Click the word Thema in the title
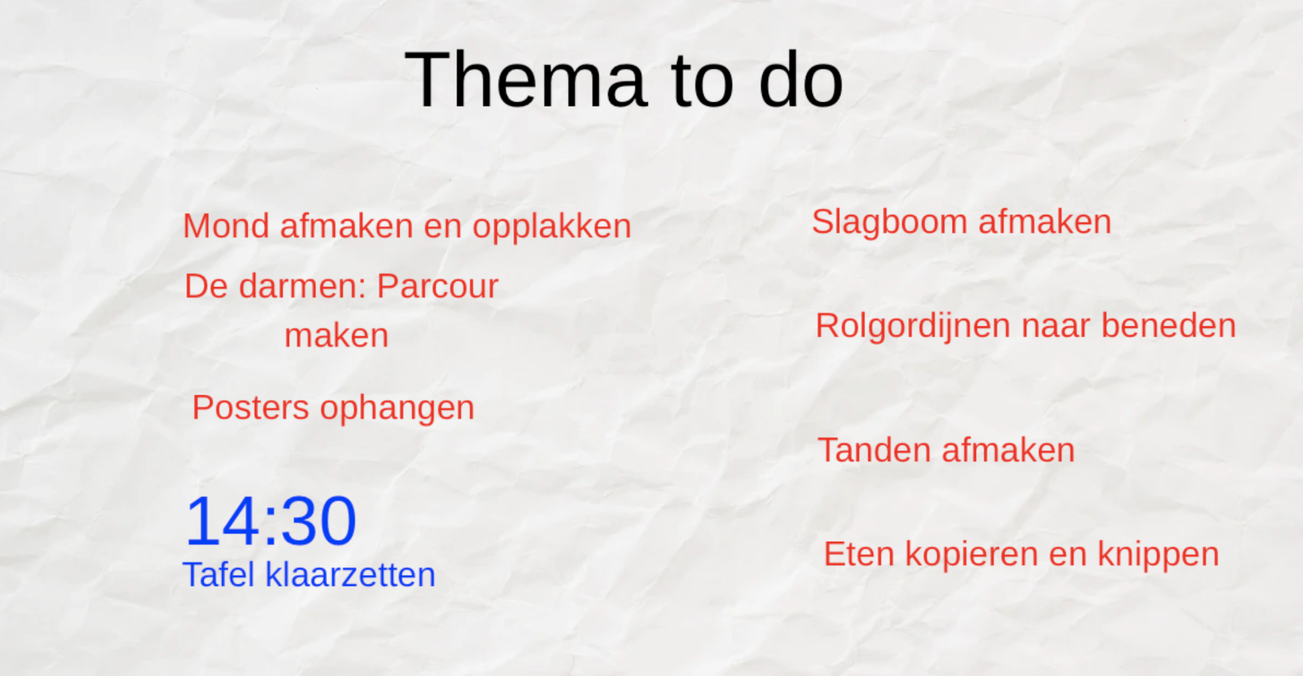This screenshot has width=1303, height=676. [526, 79]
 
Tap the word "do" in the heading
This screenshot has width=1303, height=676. [801, 79]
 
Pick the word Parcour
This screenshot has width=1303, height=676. [438, 287]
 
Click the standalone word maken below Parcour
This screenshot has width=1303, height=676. [337, 336]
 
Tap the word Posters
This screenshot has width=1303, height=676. [251, 408]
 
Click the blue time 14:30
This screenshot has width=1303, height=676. [271, 521]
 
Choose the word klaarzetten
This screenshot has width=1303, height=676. [351, 574]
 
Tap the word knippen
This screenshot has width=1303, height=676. [1158, 556]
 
